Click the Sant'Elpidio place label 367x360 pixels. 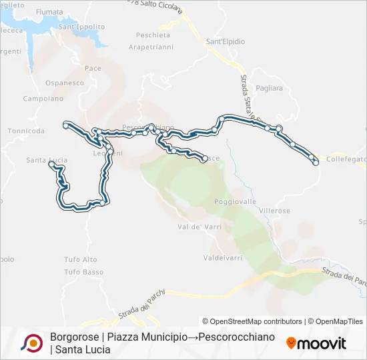225,41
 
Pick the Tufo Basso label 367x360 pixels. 83,272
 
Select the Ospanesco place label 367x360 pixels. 65,83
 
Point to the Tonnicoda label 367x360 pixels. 27,131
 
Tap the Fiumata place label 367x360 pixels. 49,12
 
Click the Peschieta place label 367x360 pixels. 152,35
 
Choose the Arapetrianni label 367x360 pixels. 151,47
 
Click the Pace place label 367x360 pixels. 93,68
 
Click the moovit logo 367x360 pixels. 316,343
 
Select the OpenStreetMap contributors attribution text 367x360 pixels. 252,321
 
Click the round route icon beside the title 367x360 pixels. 31,343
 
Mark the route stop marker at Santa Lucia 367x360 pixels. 51,163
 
